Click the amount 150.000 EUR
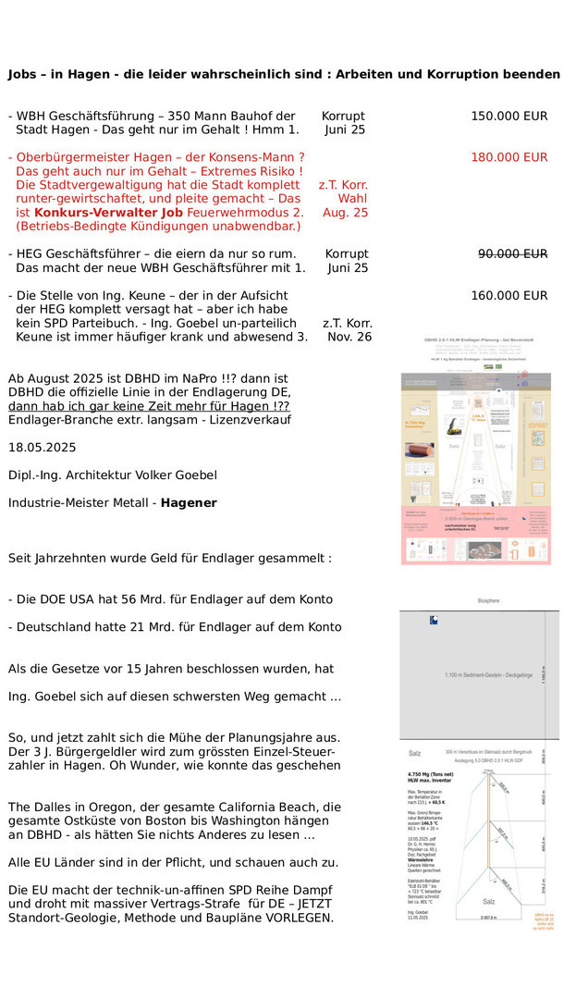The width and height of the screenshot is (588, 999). pyautogui.click(x=508, y=117)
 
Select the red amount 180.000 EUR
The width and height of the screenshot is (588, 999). pyautogui.click(x=508, y=157)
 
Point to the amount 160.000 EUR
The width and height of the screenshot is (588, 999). pyautogui.click(x=508, y=296)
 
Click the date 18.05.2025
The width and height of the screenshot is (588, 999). pyautogui.click(x=43, y=447)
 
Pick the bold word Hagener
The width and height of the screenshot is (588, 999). pyautogui.click(x=189, y=502)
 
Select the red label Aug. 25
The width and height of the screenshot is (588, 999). pyautogui.click(x=345, y=213)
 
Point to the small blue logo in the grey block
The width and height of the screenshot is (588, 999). pyautogui.click(x=435, y=620)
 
